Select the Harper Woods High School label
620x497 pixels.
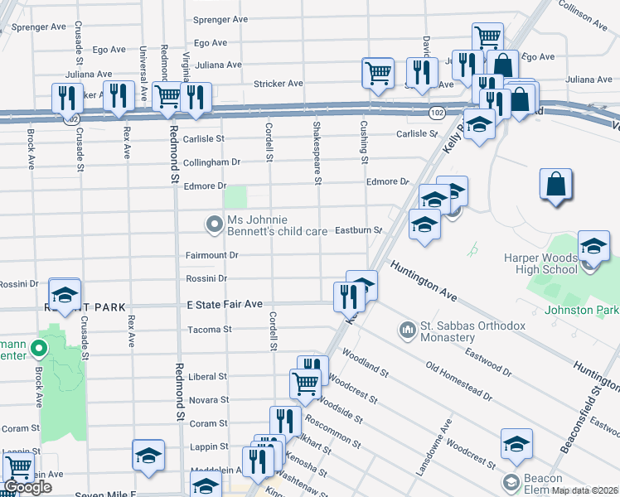pyautogui.click(x=540, y=263)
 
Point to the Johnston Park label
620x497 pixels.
pyautogui.click(x=582, y=310)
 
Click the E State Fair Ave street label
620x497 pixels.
pyautogui.click(x=224, y=305)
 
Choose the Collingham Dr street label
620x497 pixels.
pyautogui.click(x=211, y=162)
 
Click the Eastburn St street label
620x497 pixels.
pyautogui.click(x=357, y=230)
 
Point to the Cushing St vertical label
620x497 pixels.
pyautogui.click(x=363, y=141)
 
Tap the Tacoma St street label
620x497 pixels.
pyautogui.click(x=209, y=329)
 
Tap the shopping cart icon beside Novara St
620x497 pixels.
pyautogui.click(x=305, y=384)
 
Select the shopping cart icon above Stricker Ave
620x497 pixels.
pyautogui.click(x=378, y=72)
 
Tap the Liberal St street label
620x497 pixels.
pyautogui.click(x=209, y=376)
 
